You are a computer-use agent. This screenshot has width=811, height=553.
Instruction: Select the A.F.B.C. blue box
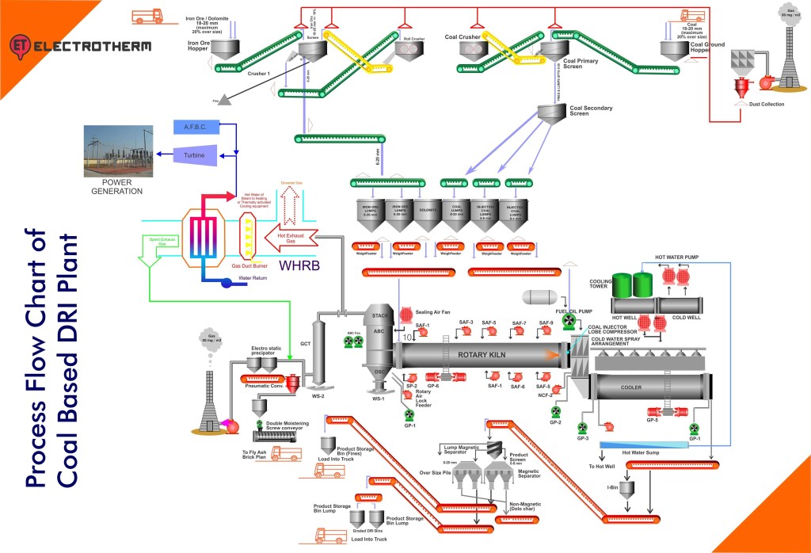(196, 127)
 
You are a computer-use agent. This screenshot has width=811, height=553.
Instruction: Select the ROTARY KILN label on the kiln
(482, 354)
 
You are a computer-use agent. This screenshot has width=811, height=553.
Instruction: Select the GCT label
(305, 345)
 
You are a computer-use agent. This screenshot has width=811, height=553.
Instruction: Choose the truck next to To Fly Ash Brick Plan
(287, 454)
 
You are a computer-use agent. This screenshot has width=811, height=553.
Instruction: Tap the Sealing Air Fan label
(432, 312)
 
